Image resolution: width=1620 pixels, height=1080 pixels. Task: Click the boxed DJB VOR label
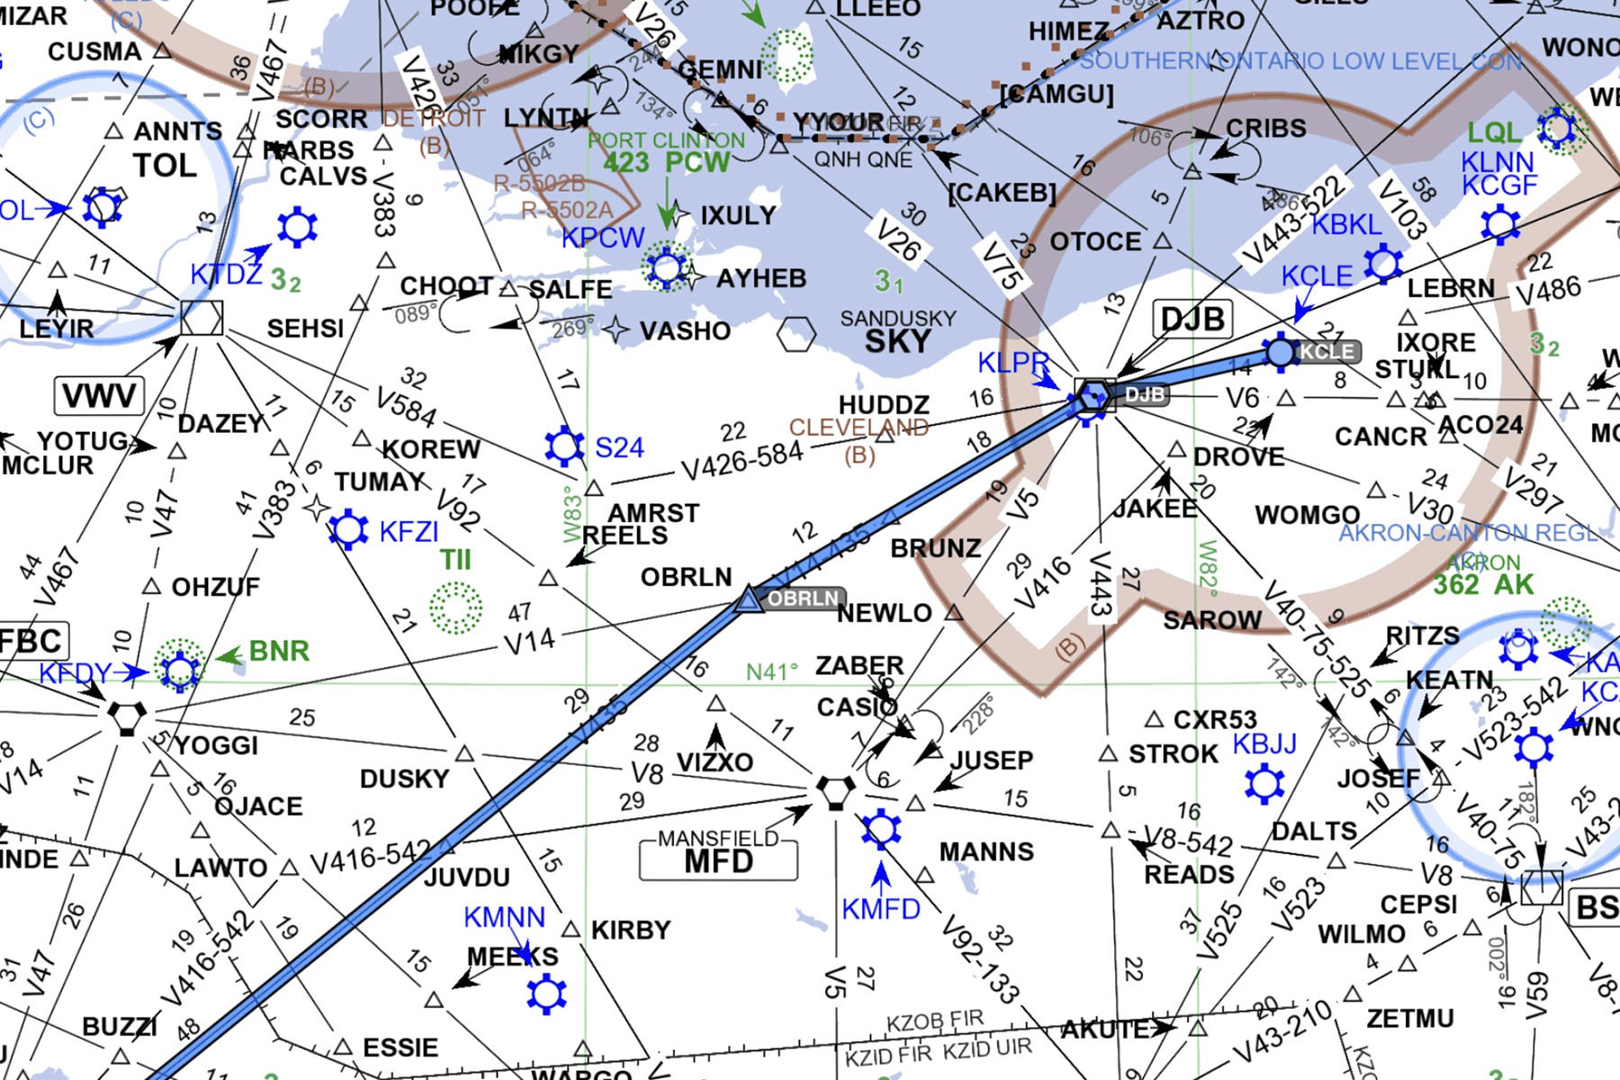(1192, 319)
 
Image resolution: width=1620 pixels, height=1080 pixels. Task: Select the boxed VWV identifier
(99, 395)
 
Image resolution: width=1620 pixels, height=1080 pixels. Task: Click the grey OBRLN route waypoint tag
(803, 598)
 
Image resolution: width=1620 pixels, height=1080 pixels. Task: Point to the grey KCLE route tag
(1325, 351)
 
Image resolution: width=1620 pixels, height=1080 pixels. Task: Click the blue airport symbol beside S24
(564, 446)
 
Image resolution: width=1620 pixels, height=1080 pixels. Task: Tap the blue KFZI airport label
(409, 532)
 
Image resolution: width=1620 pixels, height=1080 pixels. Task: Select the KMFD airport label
(880, 909)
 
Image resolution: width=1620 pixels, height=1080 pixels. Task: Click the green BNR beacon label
(279, 651)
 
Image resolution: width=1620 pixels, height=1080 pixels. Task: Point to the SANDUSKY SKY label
(897, 333)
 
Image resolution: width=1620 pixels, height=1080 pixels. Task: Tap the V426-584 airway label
(742, 460)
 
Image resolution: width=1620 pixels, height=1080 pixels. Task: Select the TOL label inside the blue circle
(164, 166)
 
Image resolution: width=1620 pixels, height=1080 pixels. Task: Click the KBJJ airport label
(1264, 744)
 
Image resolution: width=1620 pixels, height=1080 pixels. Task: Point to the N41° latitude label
(772, 671)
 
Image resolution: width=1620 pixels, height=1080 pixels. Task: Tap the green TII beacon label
(455, 560)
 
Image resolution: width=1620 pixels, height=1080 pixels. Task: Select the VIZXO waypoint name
(715, 762)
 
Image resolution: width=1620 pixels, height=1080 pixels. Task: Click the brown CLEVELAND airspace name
(859, 427)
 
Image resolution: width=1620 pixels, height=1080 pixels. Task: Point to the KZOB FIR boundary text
(935, 1021)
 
